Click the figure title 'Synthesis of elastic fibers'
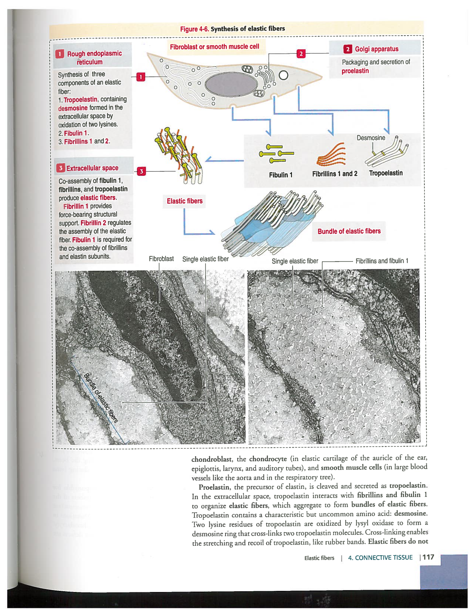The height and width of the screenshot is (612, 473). click(247, 29)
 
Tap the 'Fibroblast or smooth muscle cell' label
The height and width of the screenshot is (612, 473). click(214, 47)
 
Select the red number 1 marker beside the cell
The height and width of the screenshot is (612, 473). click(141, 77)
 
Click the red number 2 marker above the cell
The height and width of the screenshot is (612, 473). click(301, 54)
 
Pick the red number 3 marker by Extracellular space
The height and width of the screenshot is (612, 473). click(141, 171)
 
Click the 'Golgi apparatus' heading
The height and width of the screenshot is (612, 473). click(376, 49)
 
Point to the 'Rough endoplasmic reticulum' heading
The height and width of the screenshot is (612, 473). click(94, 57)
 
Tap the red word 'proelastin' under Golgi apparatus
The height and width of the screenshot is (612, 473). click(355, 71)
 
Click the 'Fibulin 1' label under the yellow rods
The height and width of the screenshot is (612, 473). click(280, 175)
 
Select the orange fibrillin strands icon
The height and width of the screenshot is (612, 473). click(332, 155)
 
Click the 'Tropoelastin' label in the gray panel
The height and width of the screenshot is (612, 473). click(385, 173)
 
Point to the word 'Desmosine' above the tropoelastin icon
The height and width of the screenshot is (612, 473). click(371, 138)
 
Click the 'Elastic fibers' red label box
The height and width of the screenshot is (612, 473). click(184, 201)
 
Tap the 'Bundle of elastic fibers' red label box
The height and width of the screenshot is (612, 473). click(349, 231)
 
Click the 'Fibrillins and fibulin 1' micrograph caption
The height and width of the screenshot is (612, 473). click(382, 261)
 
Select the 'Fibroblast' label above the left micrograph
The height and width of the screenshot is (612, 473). click(161, 259)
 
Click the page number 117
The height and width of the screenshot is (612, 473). click(428, 557)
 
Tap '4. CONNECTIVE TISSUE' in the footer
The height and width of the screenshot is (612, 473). click(380, 557)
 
